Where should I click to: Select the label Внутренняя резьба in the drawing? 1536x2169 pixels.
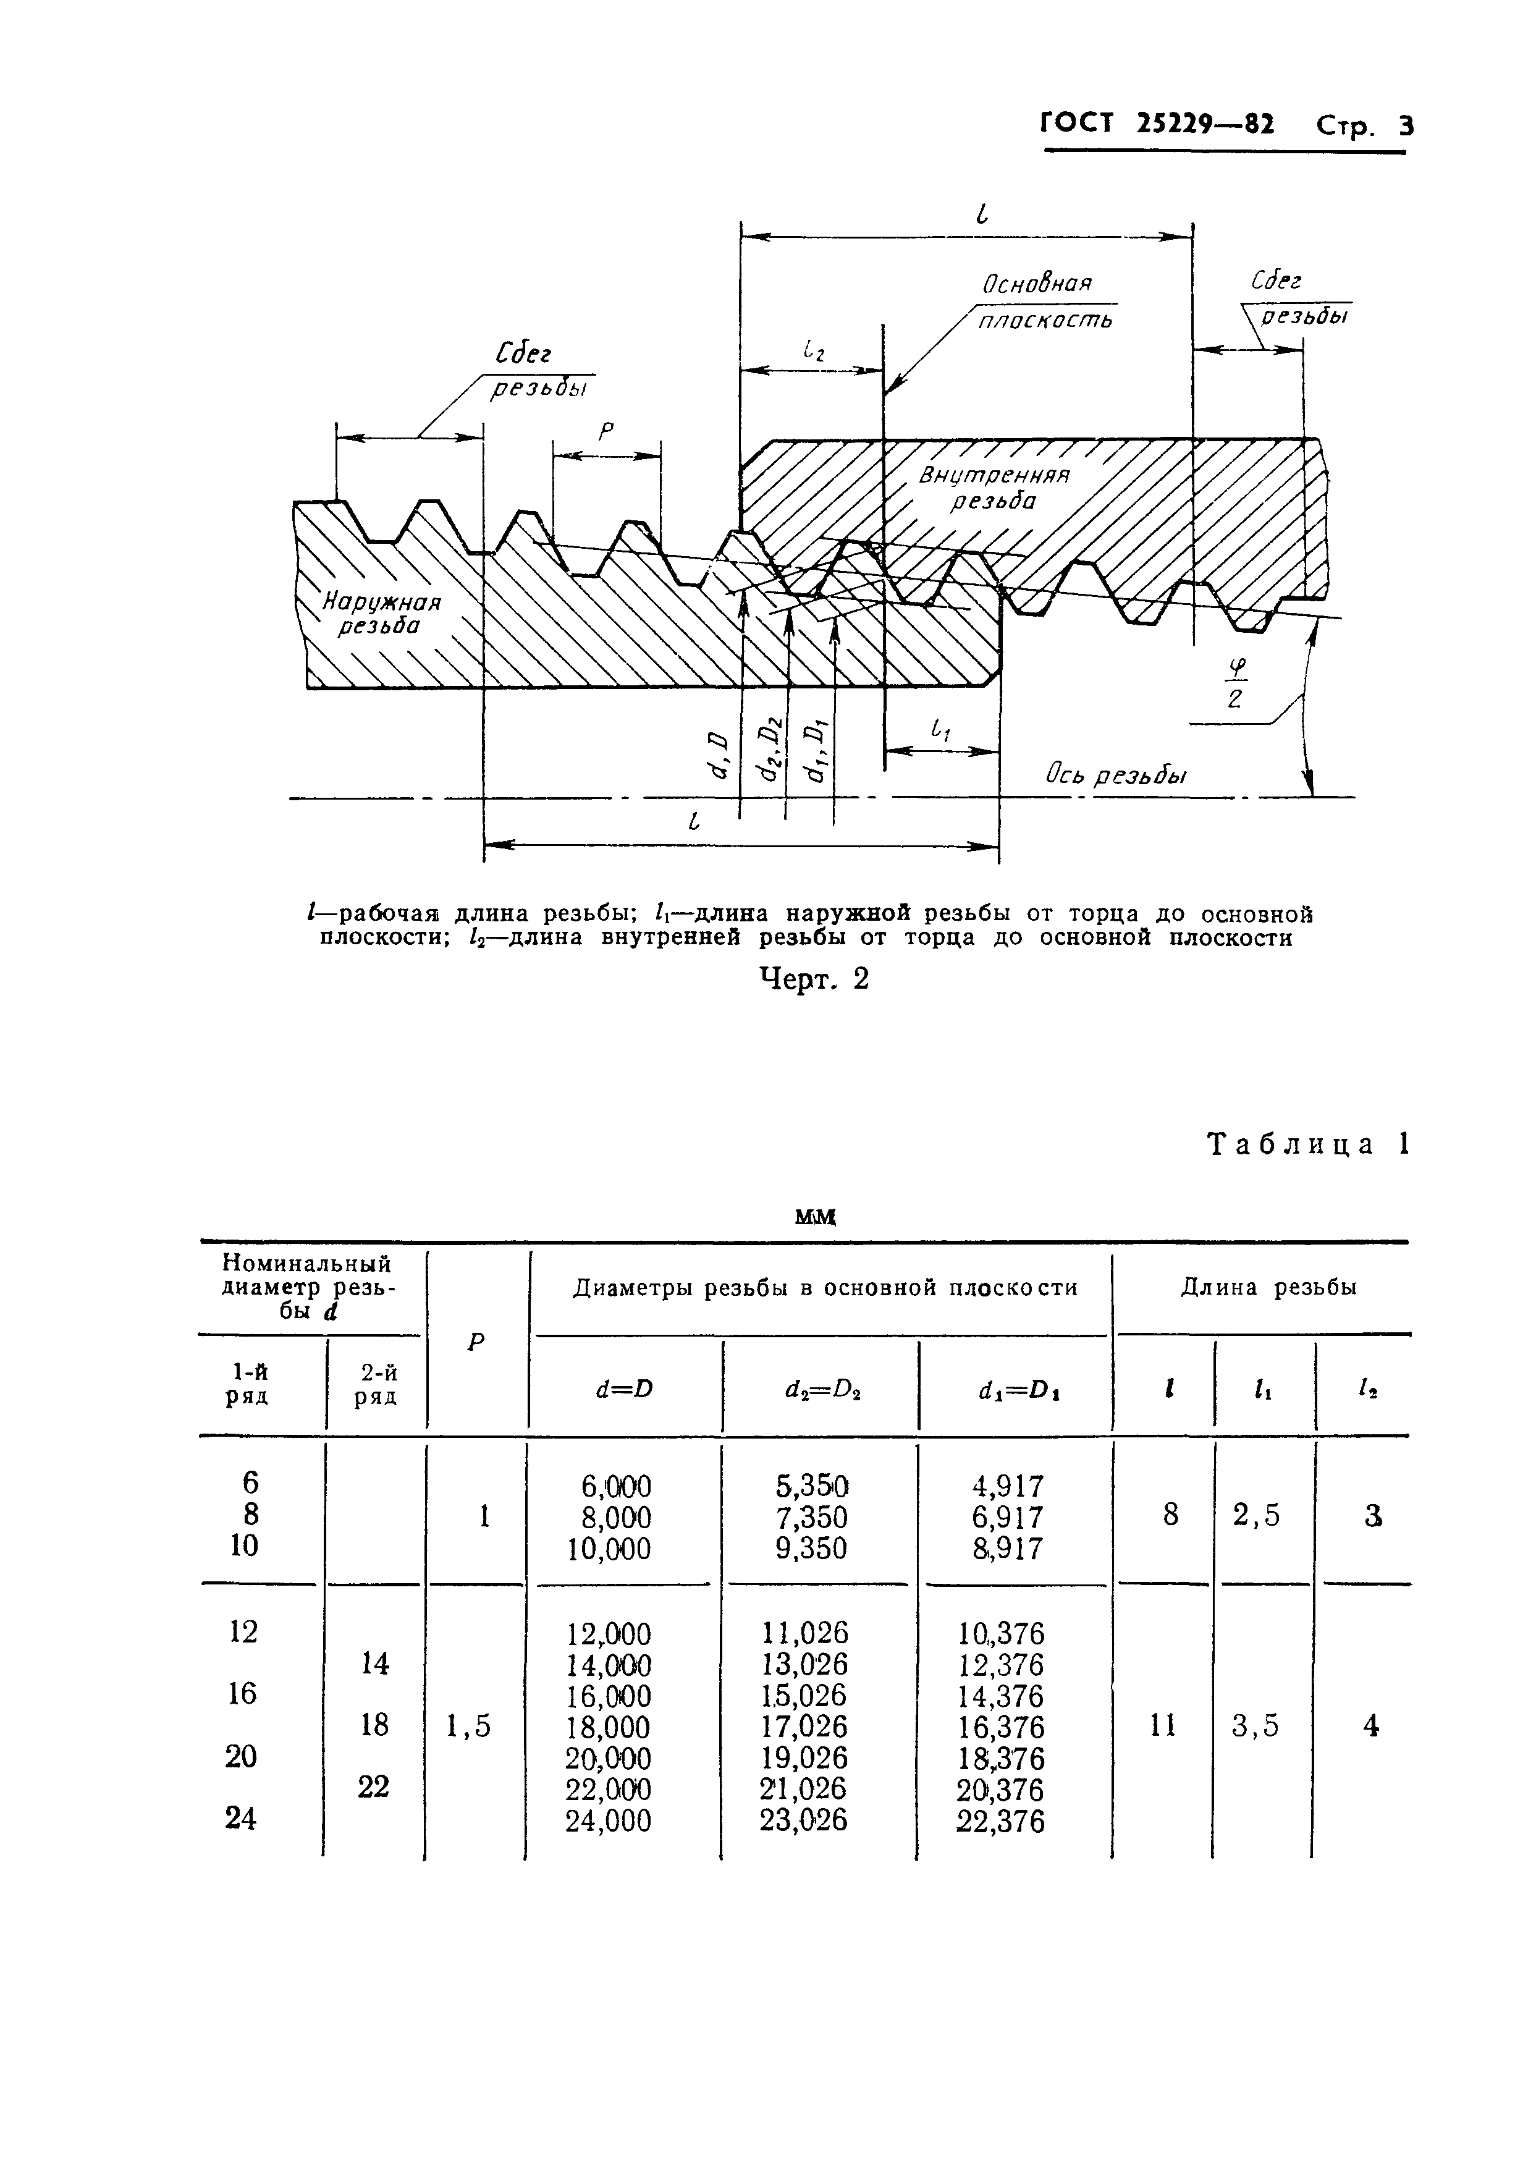point(993,487)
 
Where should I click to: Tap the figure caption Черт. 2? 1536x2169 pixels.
point(814,979)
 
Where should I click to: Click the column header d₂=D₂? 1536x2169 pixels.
point(819,1390)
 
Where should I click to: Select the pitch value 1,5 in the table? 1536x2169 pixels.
point(468,1727)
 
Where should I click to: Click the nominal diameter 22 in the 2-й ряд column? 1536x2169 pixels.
point(374,1787)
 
